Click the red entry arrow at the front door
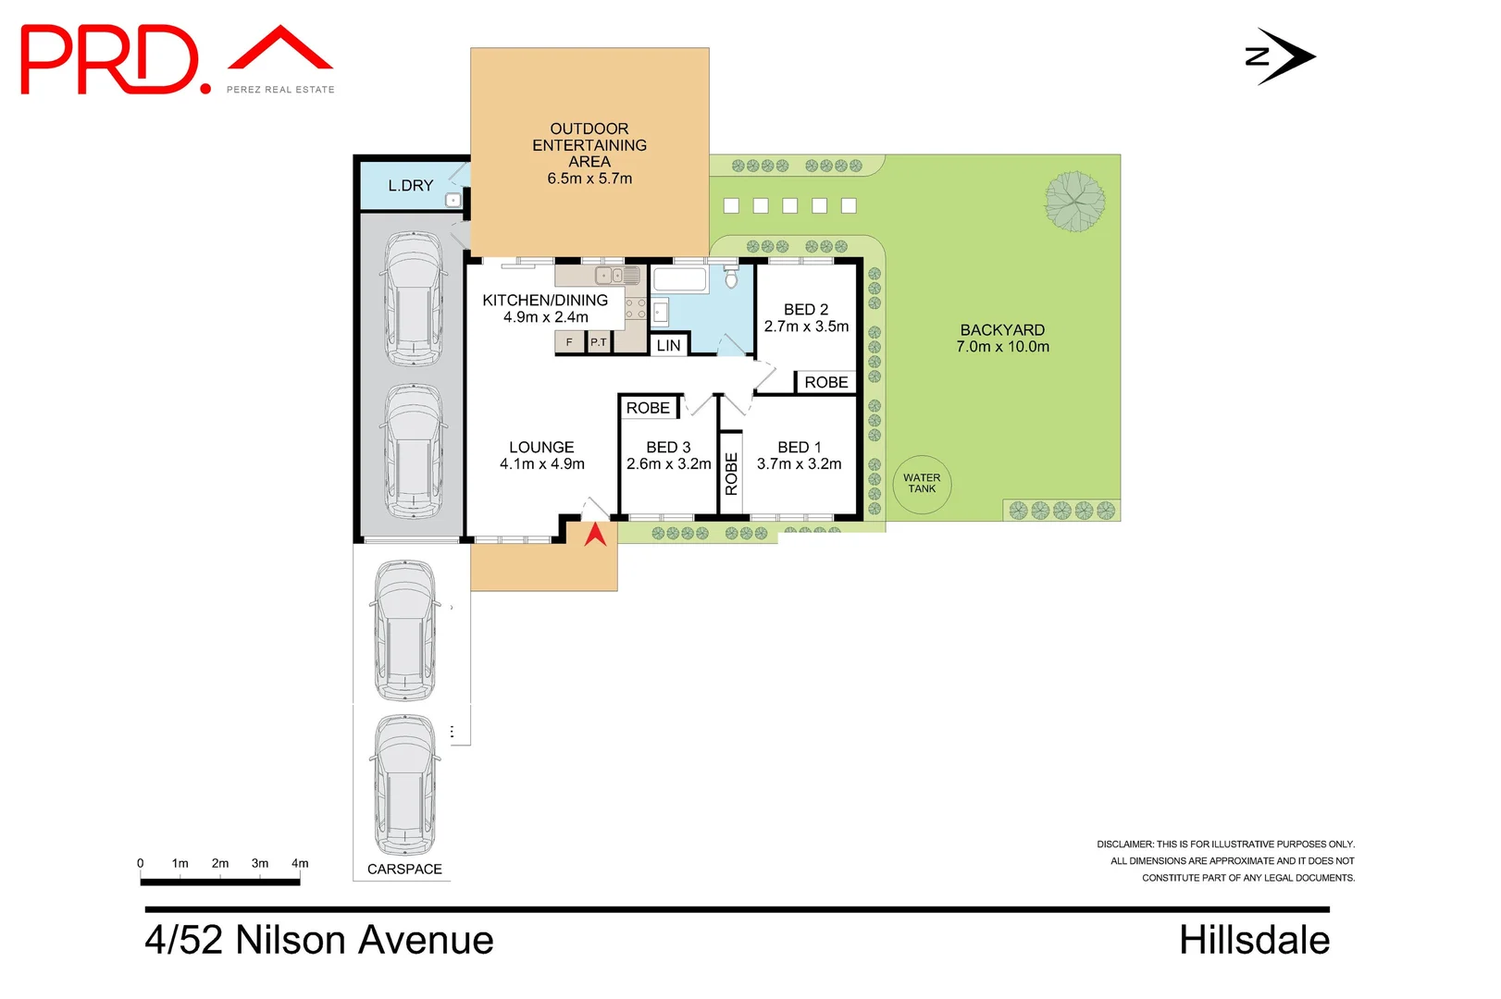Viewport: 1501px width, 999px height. point(595,535)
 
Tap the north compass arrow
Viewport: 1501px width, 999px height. point(1281,57)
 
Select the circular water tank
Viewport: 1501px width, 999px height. point(922,484)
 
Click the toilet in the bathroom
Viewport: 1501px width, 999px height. point(731,276)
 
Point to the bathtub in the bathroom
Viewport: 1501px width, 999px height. point(680,279)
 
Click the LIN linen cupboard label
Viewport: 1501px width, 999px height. point(668,346)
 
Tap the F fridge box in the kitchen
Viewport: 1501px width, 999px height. point(569,342)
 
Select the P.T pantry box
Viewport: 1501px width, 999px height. point(599,342)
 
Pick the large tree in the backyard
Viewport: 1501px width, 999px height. point(1074,201)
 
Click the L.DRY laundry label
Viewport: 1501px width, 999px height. point(411,186)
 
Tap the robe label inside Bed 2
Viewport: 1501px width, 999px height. point(826,382)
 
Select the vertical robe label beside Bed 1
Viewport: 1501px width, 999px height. point(731,474)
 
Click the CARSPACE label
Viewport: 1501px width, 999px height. point(404,869)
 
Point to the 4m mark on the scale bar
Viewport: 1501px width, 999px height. point(300,864)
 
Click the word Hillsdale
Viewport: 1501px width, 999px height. point(1255,940)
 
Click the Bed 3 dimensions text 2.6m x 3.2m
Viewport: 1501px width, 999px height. point(669,463)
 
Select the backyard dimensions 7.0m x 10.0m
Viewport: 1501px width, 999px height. point(1002,346)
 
